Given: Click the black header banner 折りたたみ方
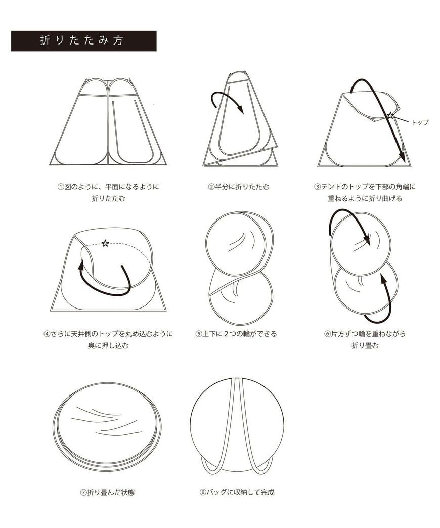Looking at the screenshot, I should click(83, 41).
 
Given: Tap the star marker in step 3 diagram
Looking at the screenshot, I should click(390, 116).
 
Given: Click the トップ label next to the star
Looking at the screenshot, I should click(420, 122).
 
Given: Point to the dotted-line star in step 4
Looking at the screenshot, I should click(105, 243).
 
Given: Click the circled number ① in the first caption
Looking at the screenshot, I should click(61, 187).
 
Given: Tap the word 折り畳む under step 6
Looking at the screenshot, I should click(365, 346).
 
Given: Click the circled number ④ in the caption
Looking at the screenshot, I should click(47, 334).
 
